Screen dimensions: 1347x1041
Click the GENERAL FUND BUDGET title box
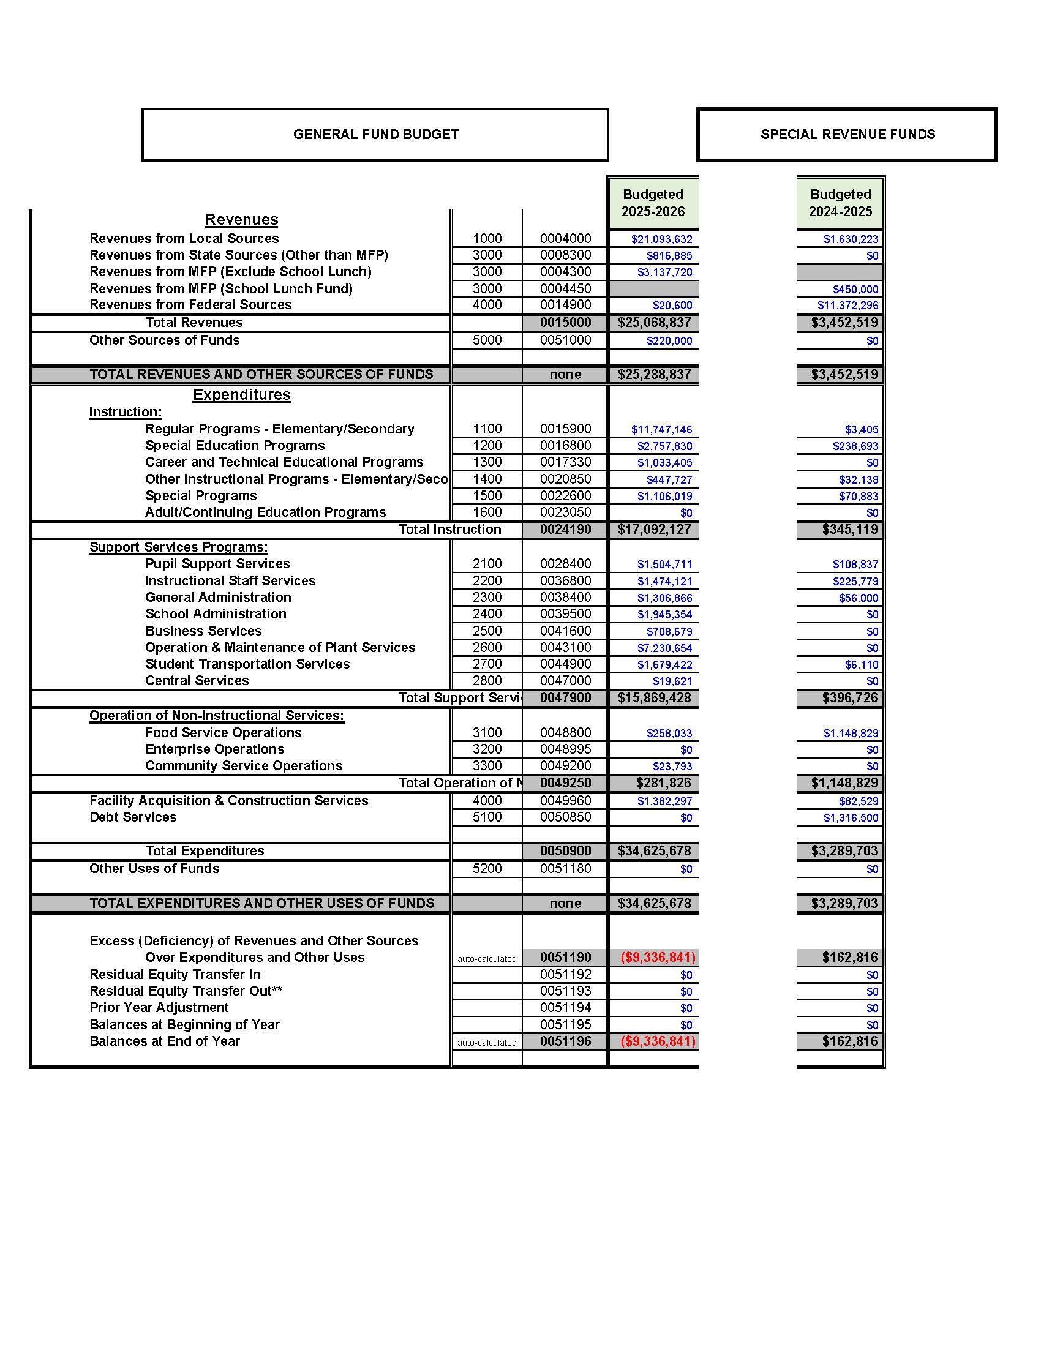(x=375, y=135)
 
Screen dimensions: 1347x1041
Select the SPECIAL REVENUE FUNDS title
(x=847, y=135)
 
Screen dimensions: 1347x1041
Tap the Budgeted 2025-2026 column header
(x=653, y=203)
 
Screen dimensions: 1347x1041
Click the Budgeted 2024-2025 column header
(x=840, y=203)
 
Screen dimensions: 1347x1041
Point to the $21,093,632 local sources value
(x=661, y=239)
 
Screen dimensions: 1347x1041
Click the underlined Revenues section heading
(x=242, y=220)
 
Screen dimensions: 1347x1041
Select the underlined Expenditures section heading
(x=242, y=395)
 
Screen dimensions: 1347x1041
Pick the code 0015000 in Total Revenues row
(x=565, y=323)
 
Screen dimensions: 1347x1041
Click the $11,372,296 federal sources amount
(x=847, y=306)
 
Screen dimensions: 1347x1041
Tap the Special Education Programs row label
(x=235, y=445)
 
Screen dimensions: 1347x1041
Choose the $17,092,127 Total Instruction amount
(x=654, y=529)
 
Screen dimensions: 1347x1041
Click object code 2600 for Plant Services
(x=487, y=648)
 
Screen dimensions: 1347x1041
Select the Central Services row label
(x=197, y=681)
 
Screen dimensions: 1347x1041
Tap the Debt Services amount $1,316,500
(x=851, y=818)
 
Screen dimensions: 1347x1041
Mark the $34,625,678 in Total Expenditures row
(x=654, y=851)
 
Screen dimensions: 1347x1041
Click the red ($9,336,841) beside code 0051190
(x=658, y=958)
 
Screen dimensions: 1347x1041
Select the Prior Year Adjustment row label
(x=159, y=1008)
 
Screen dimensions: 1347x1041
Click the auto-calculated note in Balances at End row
(x=487, y=1043)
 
